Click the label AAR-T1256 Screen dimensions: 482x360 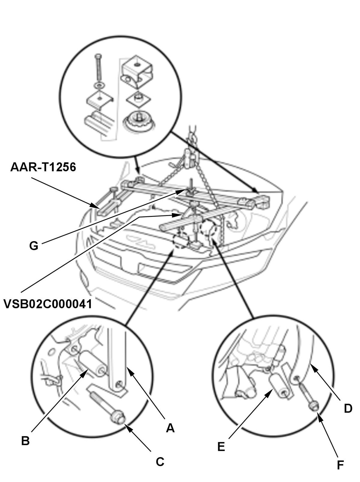click(43, 167)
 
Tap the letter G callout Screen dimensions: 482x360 click(34, 246)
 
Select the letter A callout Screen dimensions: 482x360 click(170, 428)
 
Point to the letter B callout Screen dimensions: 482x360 click(25, 441)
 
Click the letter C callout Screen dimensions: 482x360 click(160, 462)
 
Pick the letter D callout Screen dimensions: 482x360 click(348, 408)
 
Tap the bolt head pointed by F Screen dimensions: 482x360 click(314, 406)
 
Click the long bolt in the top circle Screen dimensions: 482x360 click(99, 69)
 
